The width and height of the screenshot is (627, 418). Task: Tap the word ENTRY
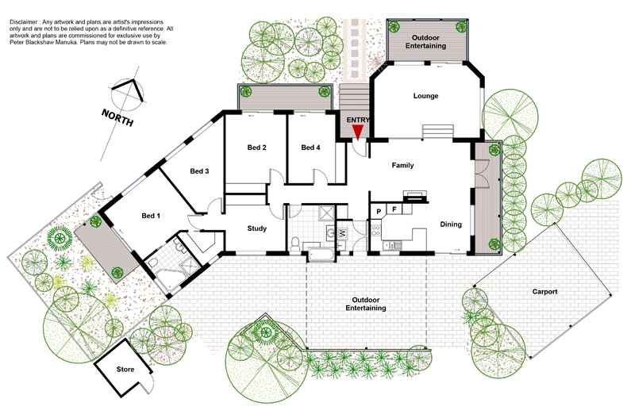357,120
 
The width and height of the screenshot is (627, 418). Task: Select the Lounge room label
425,96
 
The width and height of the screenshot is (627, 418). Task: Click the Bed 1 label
151,216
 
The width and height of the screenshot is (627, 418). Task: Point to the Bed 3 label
199,171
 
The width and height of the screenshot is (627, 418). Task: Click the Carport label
545,292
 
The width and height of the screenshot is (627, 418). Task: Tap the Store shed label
125,370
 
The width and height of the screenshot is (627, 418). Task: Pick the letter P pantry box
379,210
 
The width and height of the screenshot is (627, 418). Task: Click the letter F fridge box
394,209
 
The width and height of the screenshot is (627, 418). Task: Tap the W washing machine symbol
343,233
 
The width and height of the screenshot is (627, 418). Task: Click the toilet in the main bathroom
294,244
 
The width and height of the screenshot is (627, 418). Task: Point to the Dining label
451,225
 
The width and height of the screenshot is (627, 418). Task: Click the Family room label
403,166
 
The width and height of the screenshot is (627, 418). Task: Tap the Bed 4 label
310,148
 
